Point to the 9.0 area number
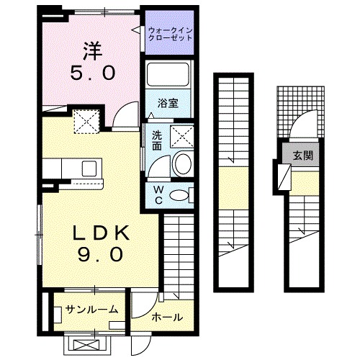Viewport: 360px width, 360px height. [x=101, y=254]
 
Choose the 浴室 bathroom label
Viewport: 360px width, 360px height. [x=168, y=102]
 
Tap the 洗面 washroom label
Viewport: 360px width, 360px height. [x=156, y=139]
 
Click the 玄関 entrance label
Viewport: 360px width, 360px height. [x=302, y=155]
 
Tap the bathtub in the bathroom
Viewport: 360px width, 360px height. [x=168, y=75]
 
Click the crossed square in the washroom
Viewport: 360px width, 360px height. [x=180, y=137]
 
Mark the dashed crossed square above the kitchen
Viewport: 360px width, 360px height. [x=87, y=122]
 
